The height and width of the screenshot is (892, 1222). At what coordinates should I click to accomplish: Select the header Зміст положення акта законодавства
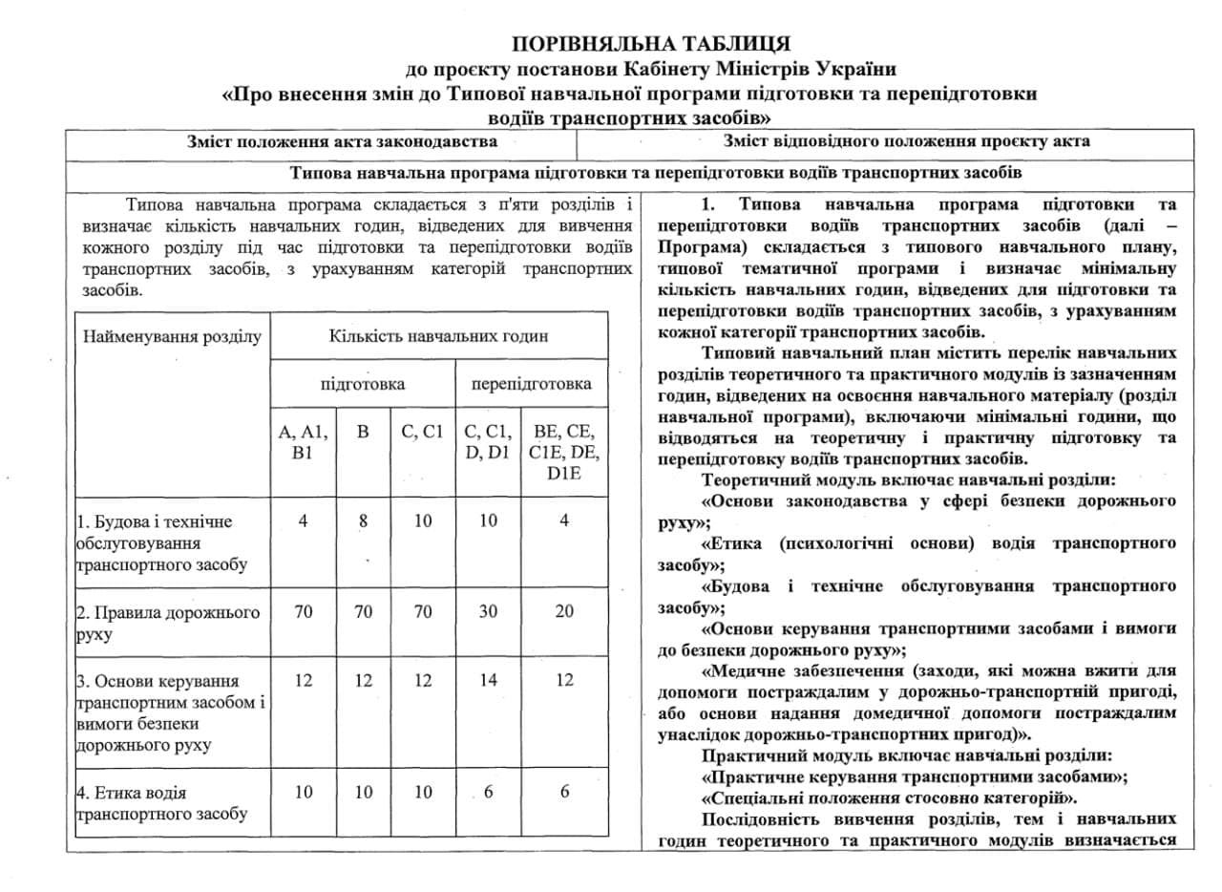(x=343, y=142)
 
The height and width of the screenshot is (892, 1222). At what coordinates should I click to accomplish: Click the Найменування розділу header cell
(x=172, y=336)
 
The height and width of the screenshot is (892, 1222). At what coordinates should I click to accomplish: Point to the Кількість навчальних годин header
(x=438, y=336)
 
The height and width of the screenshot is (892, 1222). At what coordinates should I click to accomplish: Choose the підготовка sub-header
(x=362, y=384)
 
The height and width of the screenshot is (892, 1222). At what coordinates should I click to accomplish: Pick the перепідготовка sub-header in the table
(x=530, y=384)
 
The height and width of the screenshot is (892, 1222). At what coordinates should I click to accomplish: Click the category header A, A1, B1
(x=303, y=442)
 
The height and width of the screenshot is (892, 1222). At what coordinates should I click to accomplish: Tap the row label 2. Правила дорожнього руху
(x=168, y=623)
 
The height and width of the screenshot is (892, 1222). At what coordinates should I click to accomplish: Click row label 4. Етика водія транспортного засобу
(x=162, y=803)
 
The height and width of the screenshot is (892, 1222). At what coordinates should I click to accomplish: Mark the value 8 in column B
(x=363, y=521)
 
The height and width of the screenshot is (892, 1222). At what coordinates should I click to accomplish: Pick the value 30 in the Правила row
(x=487, y=612)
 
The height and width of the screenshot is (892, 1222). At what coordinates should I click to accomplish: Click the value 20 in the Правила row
(x=565, y=612)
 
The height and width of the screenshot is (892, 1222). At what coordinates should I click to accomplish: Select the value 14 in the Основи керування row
(x=487, y=681)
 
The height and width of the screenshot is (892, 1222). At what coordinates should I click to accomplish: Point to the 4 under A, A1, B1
(x=303, y=521)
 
